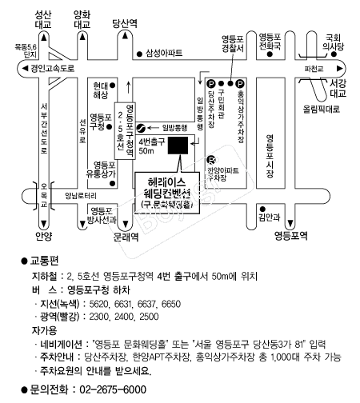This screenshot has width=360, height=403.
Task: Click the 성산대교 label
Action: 38,19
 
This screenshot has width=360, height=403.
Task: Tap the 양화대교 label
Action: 82,19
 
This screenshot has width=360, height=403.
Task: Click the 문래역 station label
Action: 126,237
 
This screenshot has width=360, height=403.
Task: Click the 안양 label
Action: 43,236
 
